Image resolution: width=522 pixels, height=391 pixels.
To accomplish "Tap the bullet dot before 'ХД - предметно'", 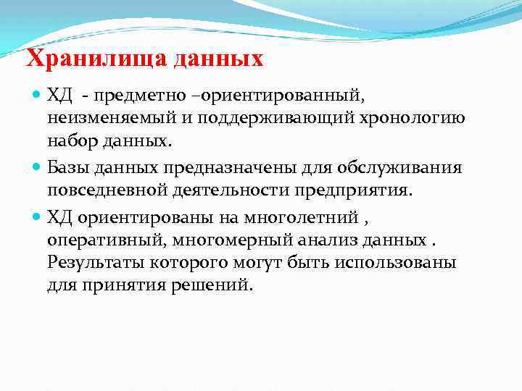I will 38,96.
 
